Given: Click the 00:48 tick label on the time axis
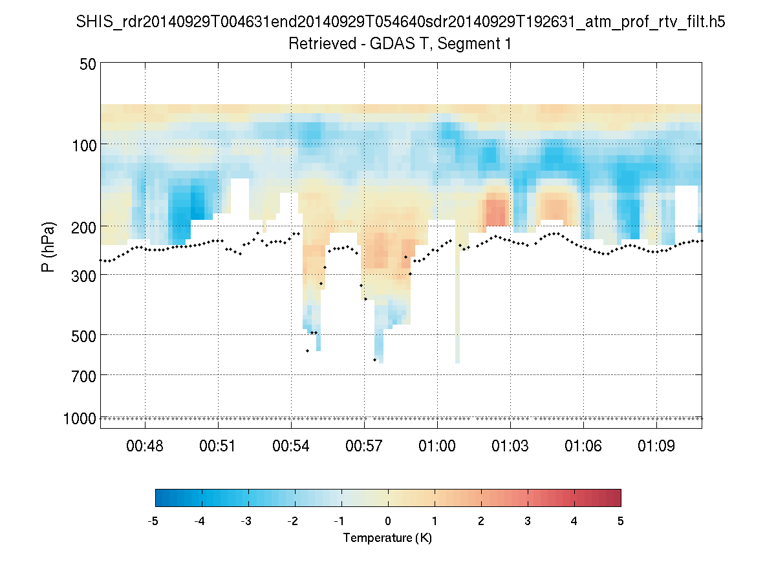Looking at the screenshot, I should pyautogui.click(x=145, y=447).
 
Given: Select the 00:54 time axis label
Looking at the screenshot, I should pyautogui.click(x=292, y=447).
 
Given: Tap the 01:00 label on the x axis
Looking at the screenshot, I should pyautogui.click(x=438, y=447).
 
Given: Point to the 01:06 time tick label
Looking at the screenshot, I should pyautogui.click(x=584, y=447).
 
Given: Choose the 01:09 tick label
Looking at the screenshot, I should pyautogui.click(x=657, y=447).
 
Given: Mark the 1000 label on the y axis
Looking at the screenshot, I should pyautogui.click(x=80, y=418).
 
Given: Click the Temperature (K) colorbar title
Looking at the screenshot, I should pyautogui.click(x=387, y=538).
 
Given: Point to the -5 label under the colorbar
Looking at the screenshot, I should pyautogui.click(x=154, y=521).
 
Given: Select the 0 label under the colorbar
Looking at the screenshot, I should pyautogui.click(x=388, y=521).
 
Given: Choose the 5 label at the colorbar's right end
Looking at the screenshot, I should pyautogui.click(x=621, y=521).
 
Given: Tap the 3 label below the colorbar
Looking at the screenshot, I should pyautogui.click(x=528, y=521).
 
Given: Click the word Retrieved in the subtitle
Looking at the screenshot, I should pyautogui.click(x=319, y=44).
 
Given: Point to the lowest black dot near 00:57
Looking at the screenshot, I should pyautogui.click(x=375, y=360).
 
